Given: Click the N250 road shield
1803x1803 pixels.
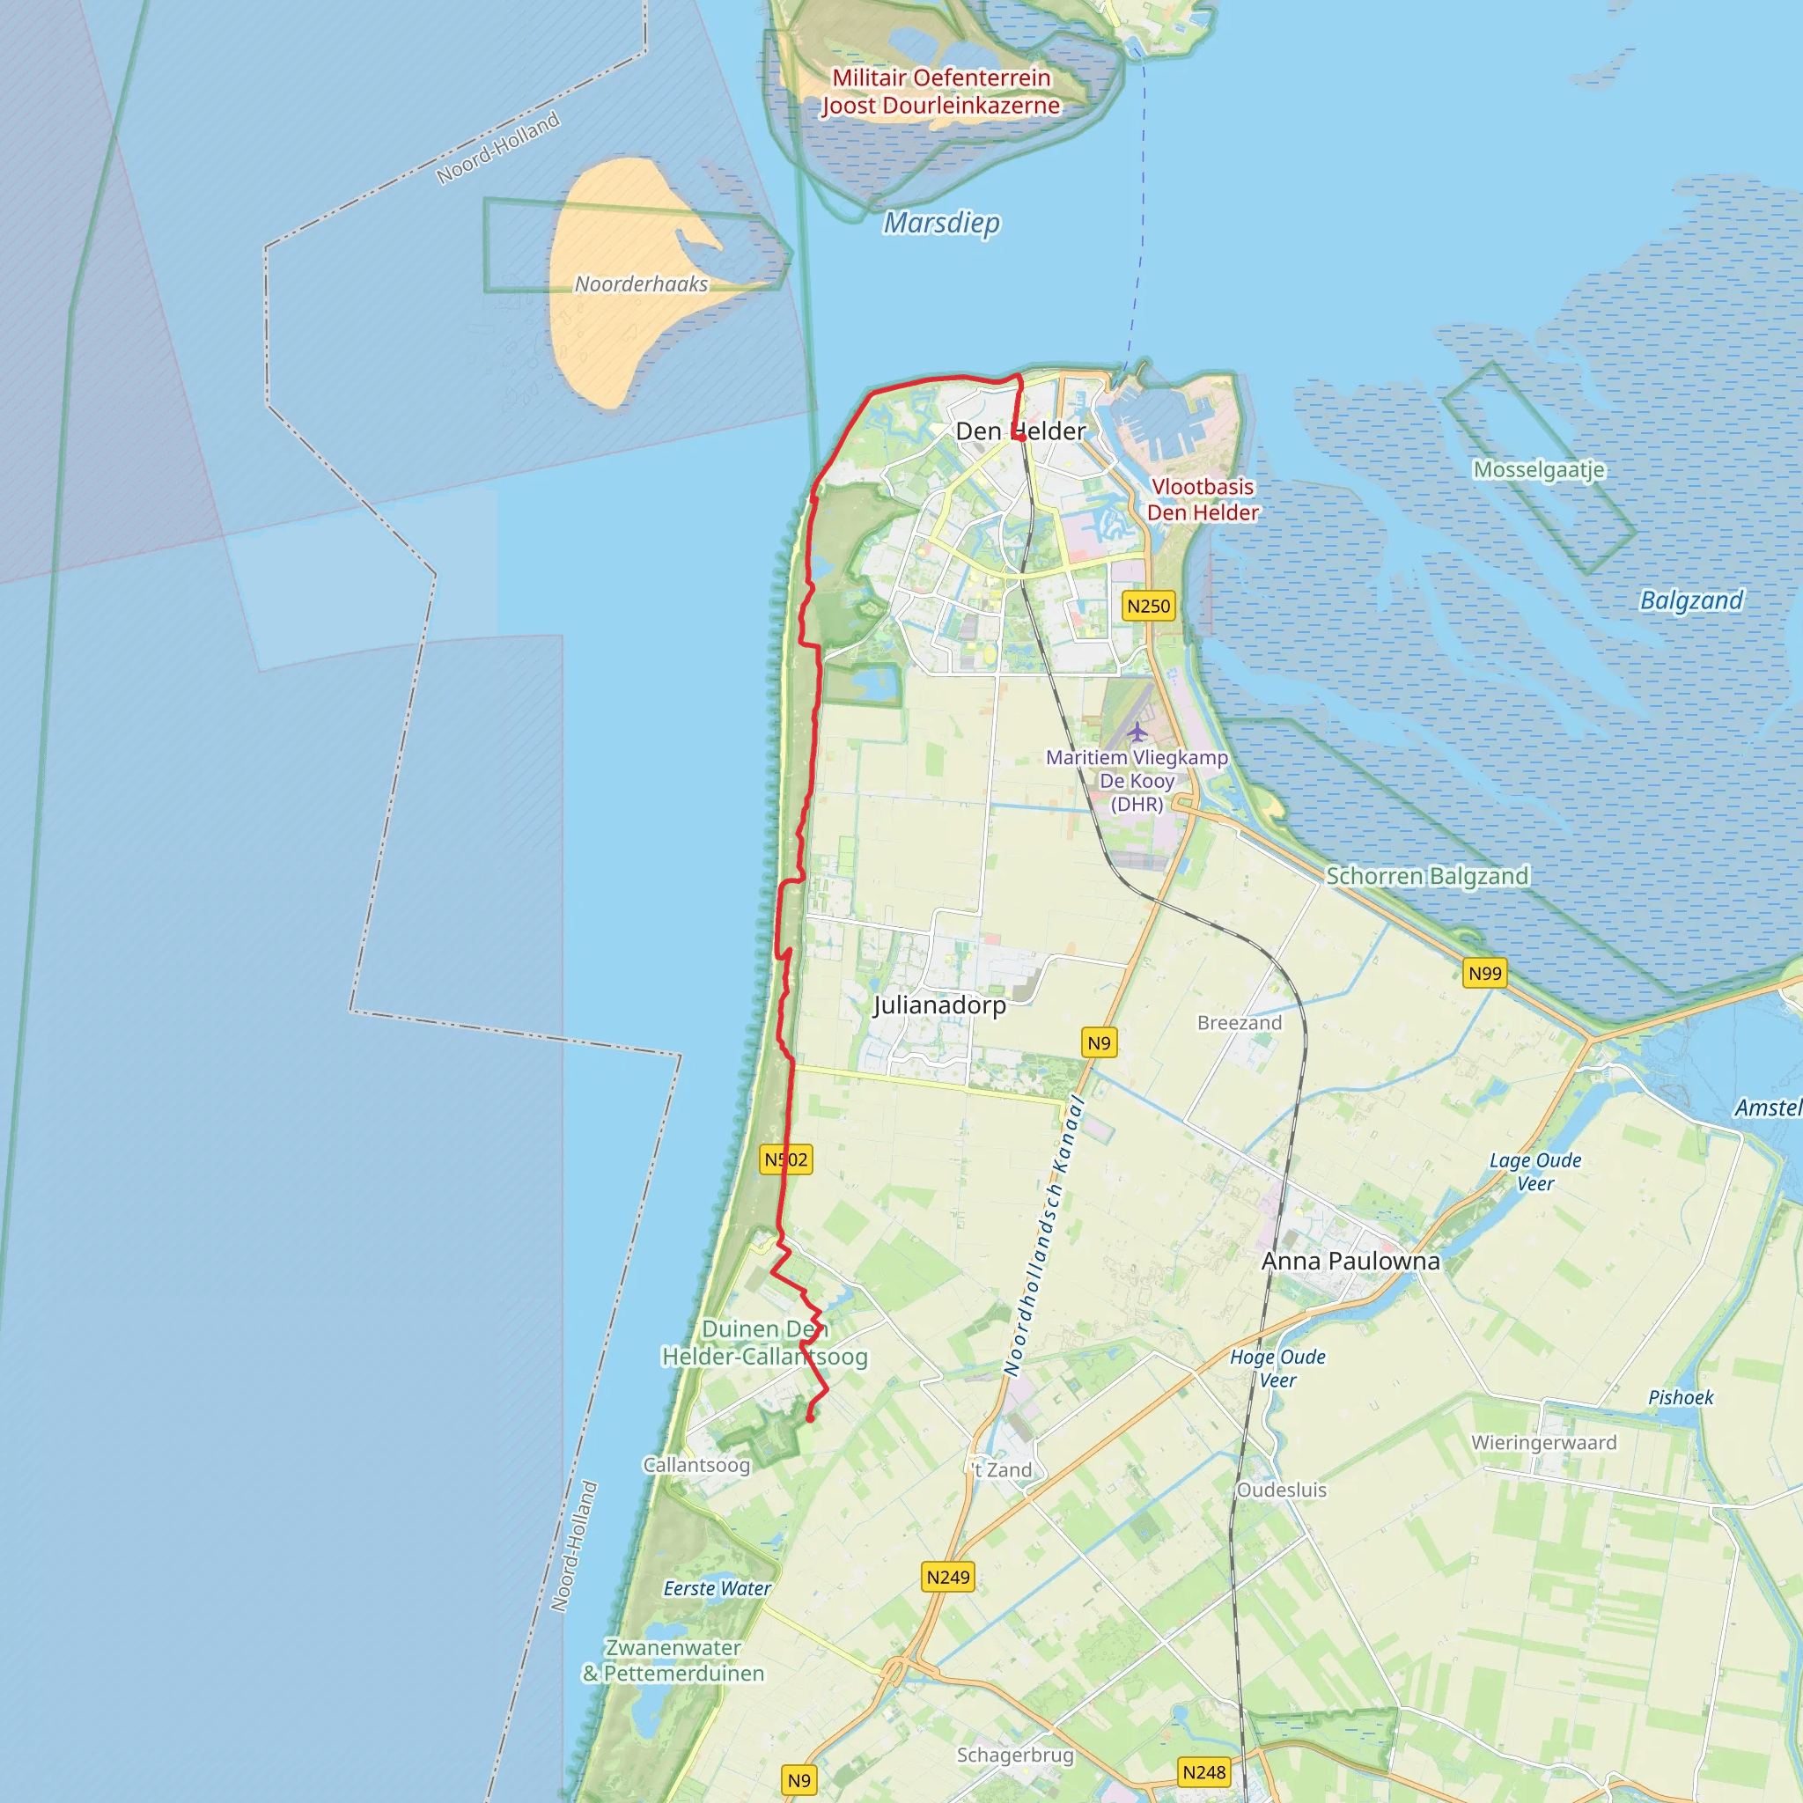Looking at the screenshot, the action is click(1148, 606).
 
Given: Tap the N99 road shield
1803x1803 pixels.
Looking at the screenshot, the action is click(1485, 974).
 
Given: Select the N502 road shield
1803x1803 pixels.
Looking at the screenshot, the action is click(786, 1159).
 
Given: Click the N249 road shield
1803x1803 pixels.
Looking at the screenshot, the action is click(948, 1577).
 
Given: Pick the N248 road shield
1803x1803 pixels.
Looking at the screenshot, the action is click(1203, 1772).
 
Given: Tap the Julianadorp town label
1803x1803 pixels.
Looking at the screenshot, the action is click(939, 1005).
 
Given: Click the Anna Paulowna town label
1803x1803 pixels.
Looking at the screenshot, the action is click(1350, 1261).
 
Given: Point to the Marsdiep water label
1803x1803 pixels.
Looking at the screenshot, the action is click(942, 223).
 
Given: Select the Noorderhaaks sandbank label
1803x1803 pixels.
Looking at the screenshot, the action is click(641, 283).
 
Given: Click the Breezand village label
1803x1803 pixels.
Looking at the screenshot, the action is click(1240, 1023).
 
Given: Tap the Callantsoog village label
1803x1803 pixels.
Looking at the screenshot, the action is click(696, 1464).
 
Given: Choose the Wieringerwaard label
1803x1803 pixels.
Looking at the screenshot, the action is click(1543, 1442).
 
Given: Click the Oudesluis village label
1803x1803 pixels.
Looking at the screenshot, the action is click(1281, 1490).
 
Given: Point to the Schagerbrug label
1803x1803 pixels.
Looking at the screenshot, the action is click(1015, 1755).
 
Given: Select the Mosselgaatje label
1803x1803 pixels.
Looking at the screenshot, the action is click(1539, 469).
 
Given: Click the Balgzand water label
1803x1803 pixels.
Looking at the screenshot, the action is click(1691, 600).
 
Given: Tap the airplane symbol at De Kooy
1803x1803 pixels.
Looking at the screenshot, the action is click(1137, 732).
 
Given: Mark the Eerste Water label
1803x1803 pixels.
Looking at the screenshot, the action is click(717, 1588).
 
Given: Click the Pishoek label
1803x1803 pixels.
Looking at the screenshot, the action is click(1681, 1397).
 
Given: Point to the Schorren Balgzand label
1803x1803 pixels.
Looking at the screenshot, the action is click(1427, 875).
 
